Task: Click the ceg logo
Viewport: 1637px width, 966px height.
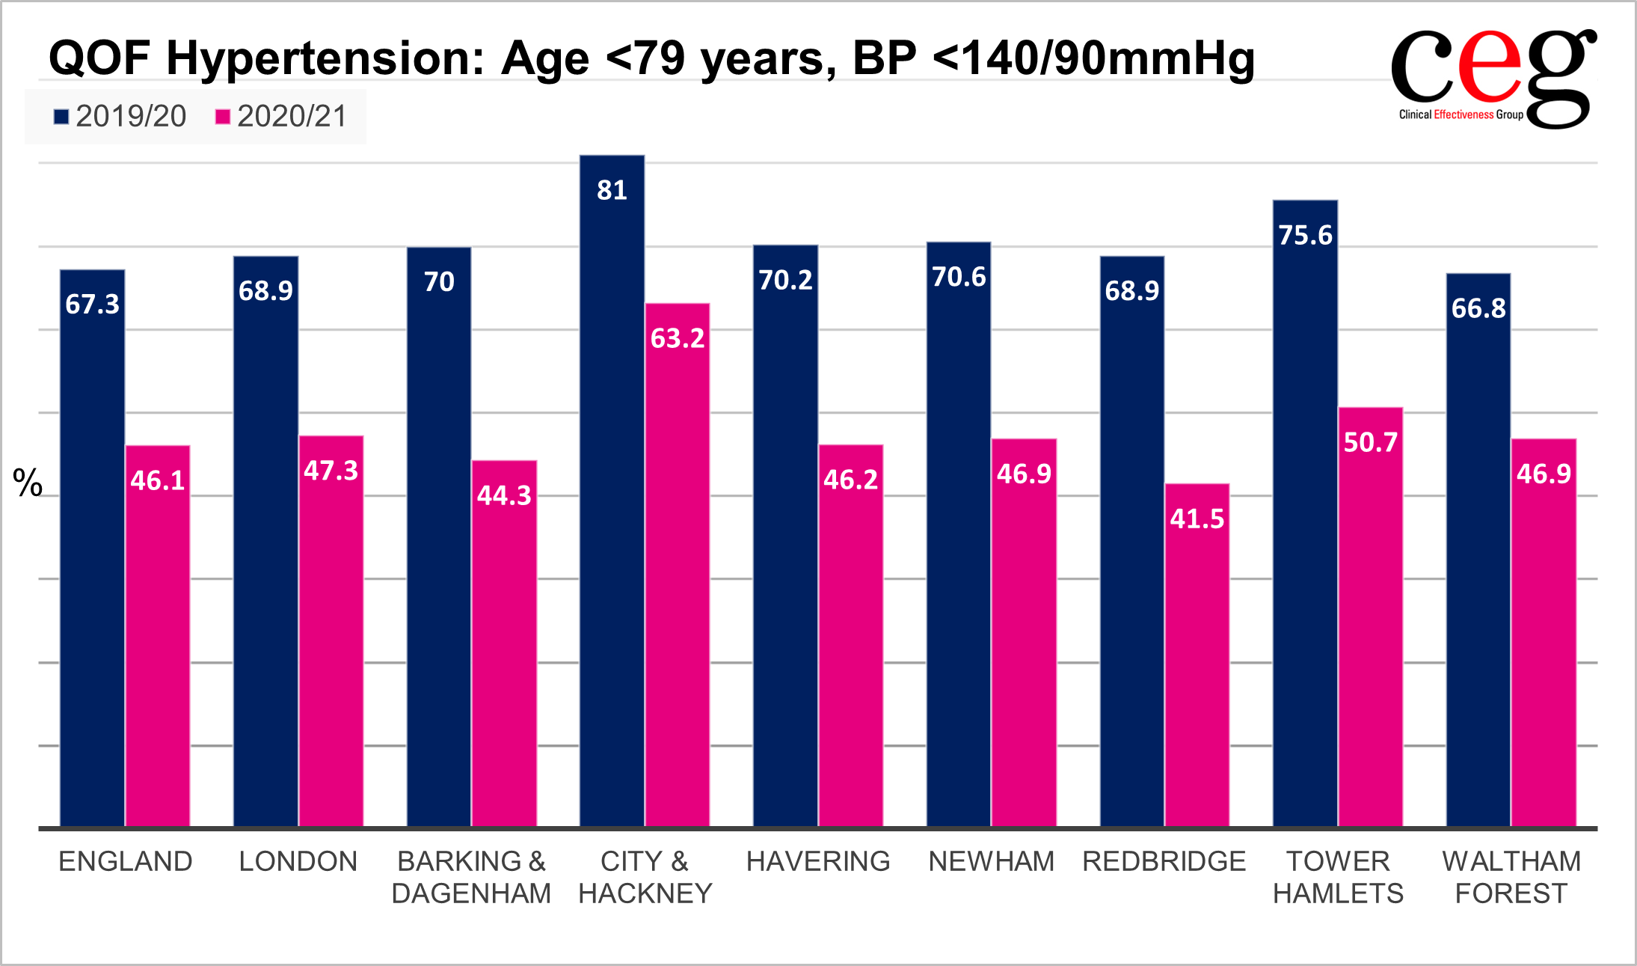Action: (x=1493, y=79)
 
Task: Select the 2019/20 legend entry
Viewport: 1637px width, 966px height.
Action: (x=120, y=117)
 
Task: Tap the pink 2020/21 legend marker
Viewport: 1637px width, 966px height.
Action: (x=222, y=117)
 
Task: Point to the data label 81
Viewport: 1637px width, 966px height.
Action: (x=612, y=191)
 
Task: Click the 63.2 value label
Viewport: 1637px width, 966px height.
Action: (x=678, y=339)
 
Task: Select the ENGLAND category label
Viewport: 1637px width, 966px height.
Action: (x=126, y=861)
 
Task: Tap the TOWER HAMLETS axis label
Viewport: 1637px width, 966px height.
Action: (x=1338, y=877)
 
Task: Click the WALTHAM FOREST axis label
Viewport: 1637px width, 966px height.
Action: (x=1511, y=877)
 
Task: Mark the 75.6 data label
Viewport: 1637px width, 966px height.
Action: (x=1305, y=236)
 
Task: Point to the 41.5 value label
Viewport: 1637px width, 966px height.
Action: (x=1197, y=519)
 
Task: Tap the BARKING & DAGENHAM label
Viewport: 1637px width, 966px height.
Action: (x=471, y=877)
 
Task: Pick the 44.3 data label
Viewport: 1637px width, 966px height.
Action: (x=504, y=496)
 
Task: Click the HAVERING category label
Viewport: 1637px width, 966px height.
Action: (x=818, y=861)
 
